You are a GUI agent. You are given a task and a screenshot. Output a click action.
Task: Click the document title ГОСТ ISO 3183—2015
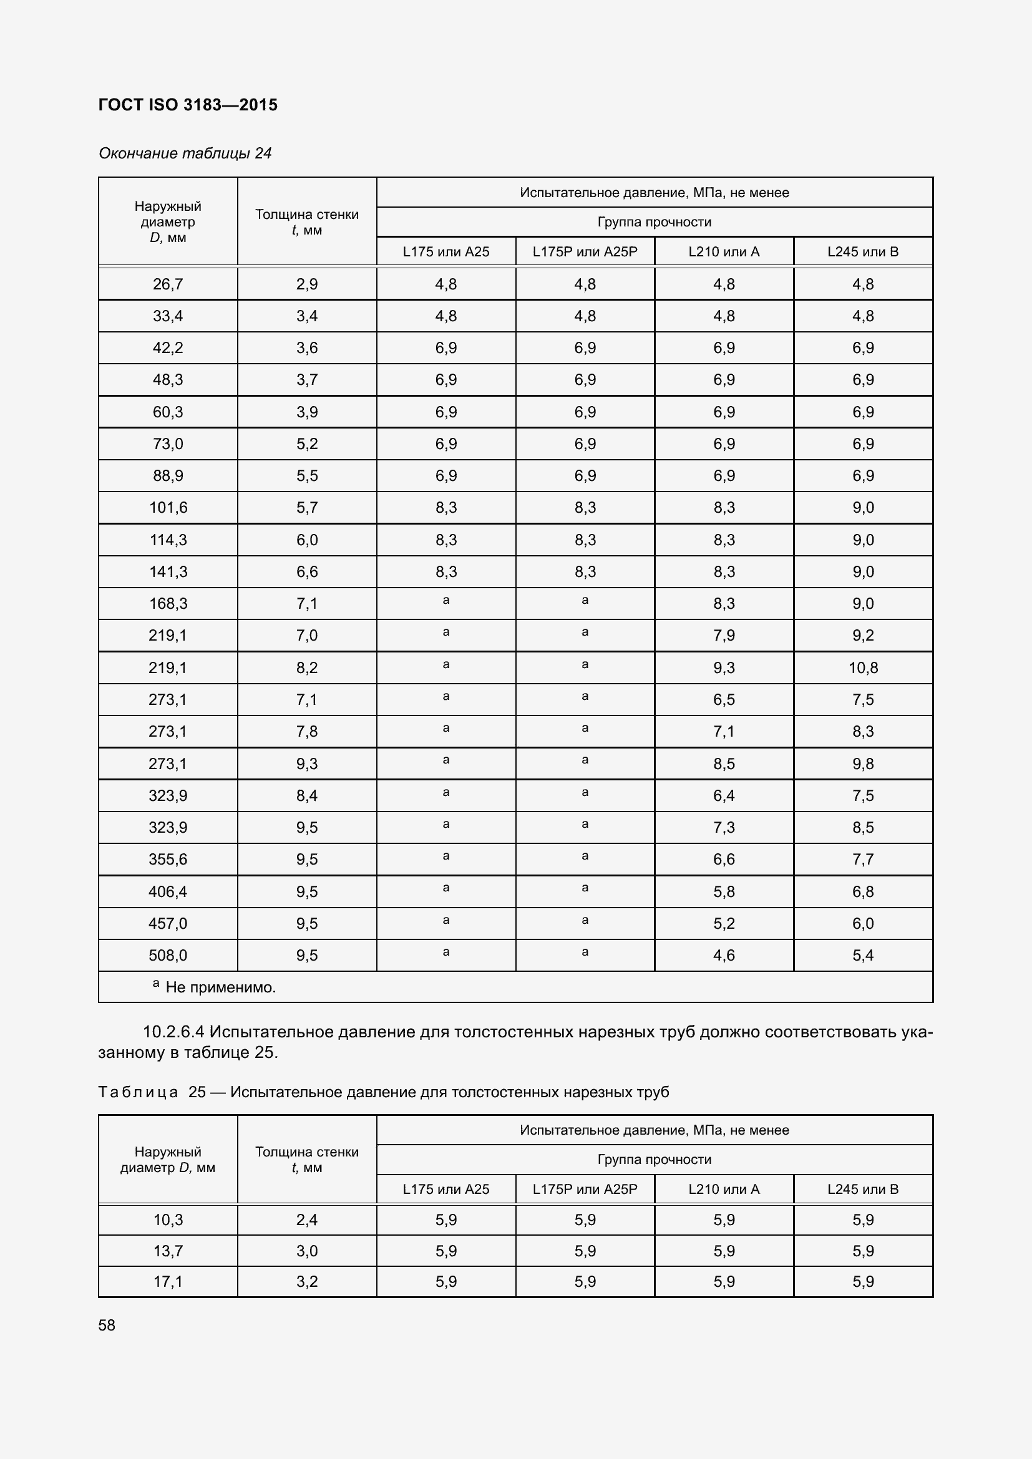[x=188, y=105]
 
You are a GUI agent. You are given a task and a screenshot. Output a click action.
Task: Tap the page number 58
[x=107, y=1325]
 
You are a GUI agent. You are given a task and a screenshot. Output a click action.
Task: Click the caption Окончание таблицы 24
[x=185, y=153]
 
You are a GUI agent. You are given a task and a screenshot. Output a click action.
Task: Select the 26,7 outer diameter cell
[x=168, y=284]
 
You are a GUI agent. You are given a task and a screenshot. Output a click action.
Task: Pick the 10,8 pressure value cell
[x=863, y=668]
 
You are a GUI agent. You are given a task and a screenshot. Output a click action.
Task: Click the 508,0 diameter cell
[x=168, y=955]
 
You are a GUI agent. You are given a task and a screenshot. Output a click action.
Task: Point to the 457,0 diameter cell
[x=168, y=923]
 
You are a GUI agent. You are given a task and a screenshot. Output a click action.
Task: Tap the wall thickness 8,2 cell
[x=307, y=668]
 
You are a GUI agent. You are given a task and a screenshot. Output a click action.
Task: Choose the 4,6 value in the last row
[x=724, y=955]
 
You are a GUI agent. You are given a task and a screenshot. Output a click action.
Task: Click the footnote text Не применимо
[x=220, y=987]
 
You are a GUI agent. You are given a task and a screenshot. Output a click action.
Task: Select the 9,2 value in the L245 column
[x=863, y=636]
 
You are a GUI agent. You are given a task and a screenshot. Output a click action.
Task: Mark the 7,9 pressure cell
[x=724, y=636]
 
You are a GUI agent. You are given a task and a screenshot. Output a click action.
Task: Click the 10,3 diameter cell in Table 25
[x=168, y=1219]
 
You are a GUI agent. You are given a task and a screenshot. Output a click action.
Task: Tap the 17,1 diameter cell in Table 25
[x=168, y=1281]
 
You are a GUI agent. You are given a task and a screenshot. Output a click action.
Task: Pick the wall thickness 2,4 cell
[x=307, y=1219]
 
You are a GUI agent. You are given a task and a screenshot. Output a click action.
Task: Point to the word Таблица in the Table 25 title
[x=138, y=1092]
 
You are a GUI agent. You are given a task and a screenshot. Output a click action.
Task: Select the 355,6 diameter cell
[x=168, y=859]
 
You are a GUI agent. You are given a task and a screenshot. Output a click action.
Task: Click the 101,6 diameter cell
[x=168, y=508]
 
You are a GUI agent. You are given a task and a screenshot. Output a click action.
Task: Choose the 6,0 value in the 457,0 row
[x=863, y=923]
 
